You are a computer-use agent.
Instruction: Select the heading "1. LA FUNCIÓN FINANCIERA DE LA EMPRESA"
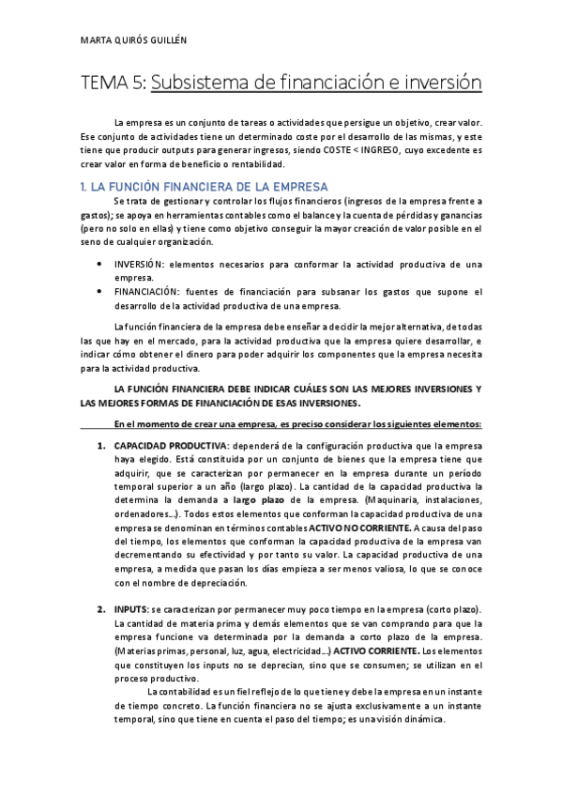point(204,187)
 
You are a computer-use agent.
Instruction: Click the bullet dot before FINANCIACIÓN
point(99,292)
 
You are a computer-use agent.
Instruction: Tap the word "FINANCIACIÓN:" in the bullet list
point(149,292)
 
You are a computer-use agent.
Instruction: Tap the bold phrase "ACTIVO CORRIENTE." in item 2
point(375,651)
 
